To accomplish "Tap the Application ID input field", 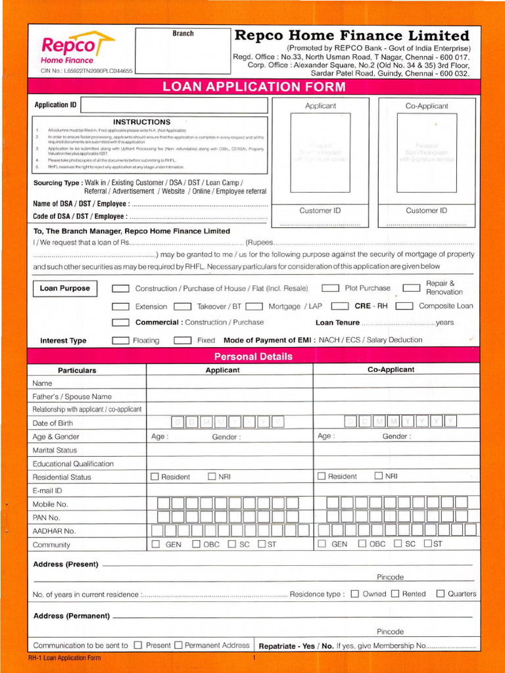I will click(x=174, y=105).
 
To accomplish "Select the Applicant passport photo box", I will click(x=320, y=152).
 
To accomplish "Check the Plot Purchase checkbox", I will click(x=330, y=289).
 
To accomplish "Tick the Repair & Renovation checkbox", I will click(x=411, y=287).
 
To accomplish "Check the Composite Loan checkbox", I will click(x=404, y=306).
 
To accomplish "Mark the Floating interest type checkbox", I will click(x=120, y=340).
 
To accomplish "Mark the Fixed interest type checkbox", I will click(x=182, y=340).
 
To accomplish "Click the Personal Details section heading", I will click(x=253, y=356).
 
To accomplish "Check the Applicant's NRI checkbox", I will click(x=212, y=476).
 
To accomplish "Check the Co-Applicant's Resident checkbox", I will click(x=322, y=476).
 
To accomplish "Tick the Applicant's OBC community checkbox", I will click(x=196, y=544).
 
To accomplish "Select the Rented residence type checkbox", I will click(x=395, y=593).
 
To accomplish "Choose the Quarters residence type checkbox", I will click(x=441, y=593).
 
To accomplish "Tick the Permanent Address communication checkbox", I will click(x=178, y=645).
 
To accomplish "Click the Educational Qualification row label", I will click(x=73, y=463).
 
